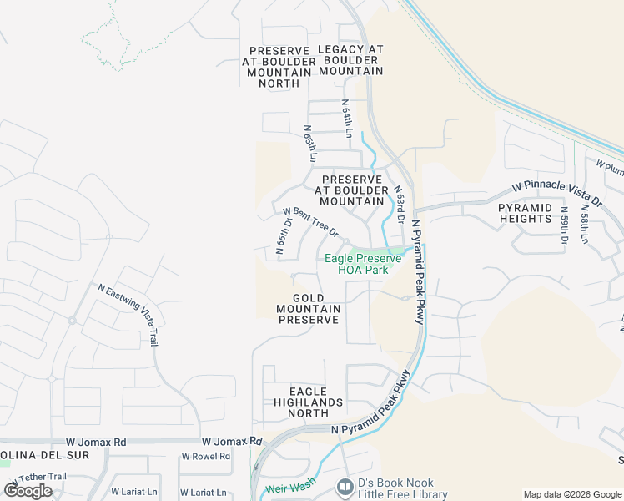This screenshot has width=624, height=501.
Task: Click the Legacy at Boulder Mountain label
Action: coord(350,60)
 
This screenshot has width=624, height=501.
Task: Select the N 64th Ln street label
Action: coord(346,118)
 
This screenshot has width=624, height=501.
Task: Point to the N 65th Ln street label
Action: coord(310,144)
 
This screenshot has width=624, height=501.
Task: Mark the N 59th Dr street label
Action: coord(565,225)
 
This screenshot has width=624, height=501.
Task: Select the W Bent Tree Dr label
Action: coord(310,221)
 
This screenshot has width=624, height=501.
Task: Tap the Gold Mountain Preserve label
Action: coord(309,309)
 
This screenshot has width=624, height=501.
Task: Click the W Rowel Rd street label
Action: coord(205,457)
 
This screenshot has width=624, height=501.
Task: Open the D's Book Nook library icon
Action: coord(344,486)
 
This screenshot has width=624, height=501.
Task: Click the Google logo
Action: coord(28,490)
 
